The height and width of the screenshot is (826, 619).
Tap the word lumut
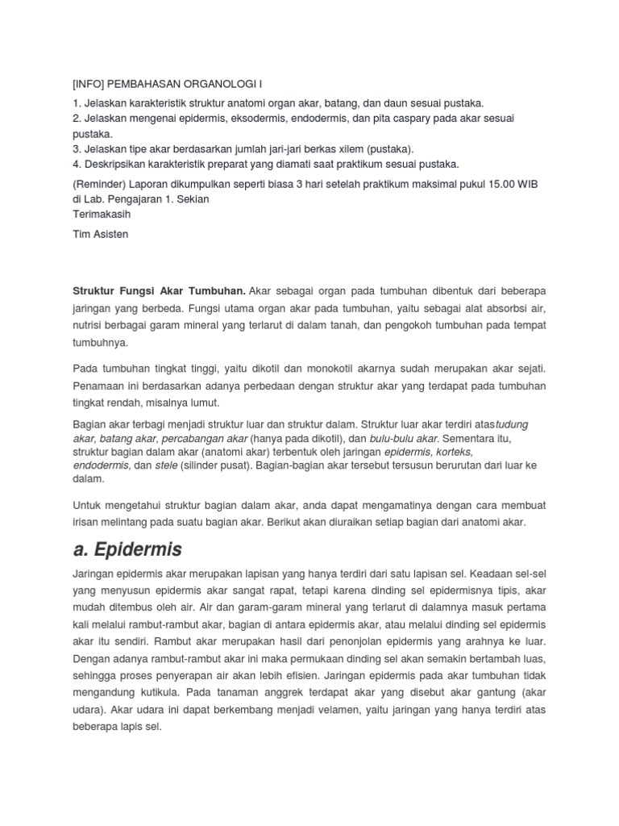point(203,403)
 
